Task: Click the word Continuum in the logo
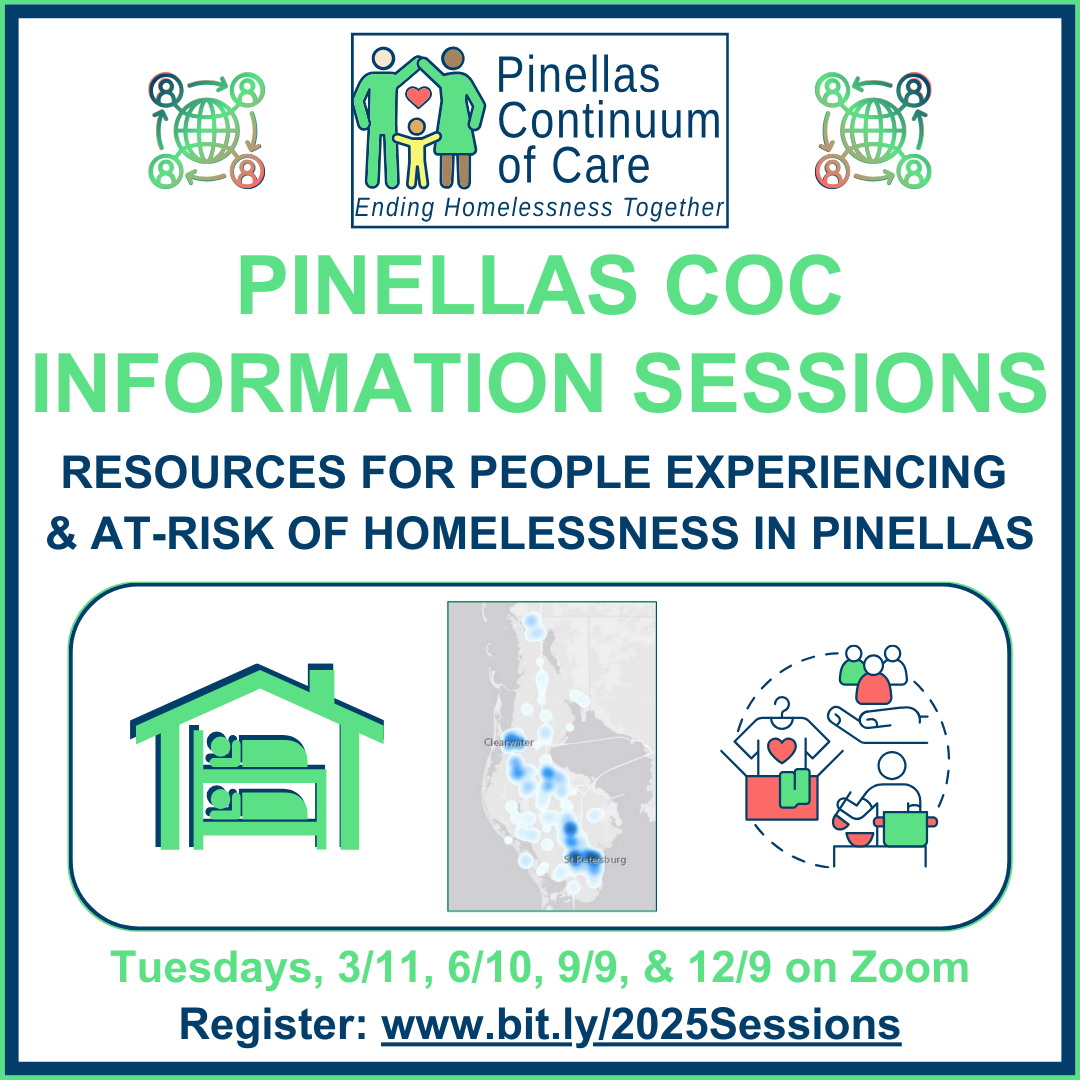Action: [x=608, y=121]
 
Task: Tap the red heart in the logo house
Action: [x=420, y=97]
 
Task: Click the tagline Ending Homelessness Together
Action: [x=540, y=208]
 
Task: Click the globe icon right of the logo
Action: [x=873, y=130]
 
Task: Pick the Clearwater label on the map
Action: [x=508, y=742]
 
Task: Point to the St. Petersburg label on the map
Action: [x=594, y=859]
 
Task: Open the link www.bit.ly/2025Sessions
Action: [x=641, y=1025]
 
